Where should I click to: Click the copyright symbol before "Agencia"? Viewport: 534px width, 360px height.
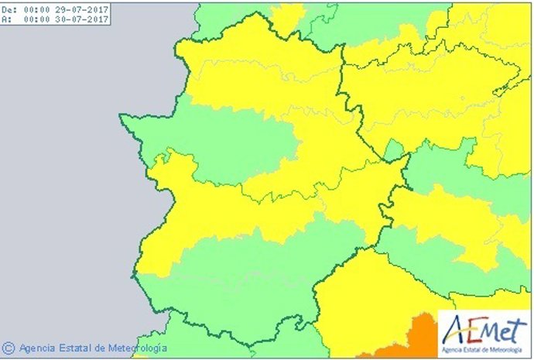pos(9,348)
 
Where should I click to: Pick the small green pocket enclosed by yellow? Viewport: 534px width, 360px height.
pos(394,149)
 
